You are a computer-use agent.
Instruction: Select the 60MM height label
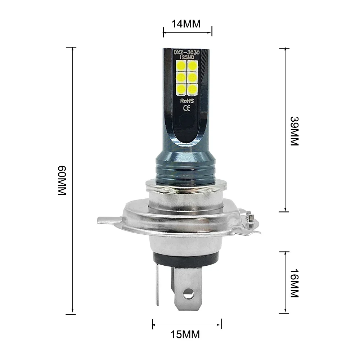click(x=62, y=180)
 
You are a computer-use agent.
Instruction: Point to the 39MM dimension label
click(x=294, y=131)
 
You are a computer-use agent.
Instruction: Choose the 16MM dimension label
click(x=294, y=283)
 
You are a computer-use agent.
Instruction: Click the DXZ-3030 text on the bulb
click(x=186, y=52)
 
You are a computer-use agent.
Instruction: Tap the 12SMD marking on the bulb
click(x=186, y=58)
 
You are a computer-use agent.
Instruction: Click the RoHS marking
click(x=186, y=102)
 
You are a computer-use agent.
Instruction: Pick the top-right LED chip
click(x=192, y=65)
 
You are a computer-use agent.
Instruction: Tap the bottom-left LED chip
click(x=181, y=88)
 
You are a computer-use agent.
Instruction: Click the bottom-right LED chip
click(x=192, y=88)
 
